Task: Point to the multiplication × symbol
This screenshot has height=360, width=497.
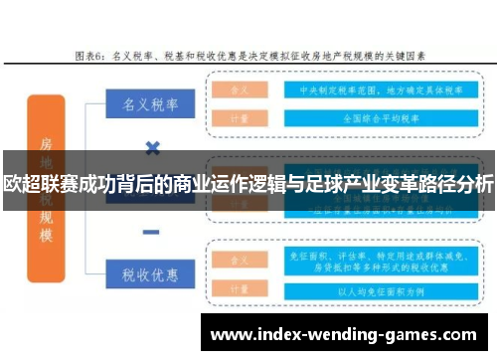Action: click(x=151, y=149)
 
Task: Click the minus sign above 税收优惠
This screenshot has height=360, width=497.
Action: click(x=151, y=232)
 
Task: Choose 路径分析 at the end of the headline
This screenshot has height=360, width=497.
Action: click(x=460, y=184)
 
